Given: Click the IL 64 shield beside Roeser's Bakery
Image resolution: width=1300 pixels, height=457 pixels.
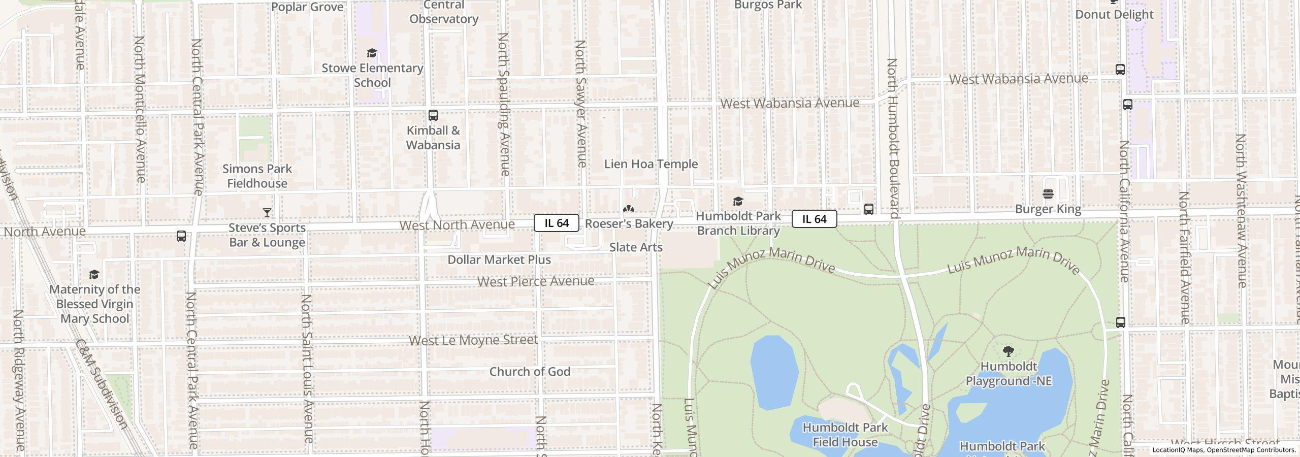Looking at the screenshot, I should (556, 223).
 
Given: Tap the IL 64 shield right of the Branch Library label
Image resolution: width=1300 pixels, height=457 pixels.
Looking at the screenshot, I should (814, 219).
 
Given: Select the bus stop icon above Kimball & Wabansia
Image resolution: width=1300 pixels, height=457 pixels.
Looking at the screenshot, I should (433, 115).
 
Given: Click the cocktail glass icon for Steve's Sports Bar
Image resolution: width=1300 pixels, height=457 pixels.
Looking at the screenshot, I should (267, 212).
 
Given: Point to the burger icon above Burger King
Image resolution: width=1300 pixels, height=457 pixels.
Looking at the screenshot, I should (1048, 194).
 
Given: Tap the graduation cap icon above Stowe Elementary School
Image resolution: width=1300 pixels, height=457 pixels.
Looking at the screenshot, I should (372, 53).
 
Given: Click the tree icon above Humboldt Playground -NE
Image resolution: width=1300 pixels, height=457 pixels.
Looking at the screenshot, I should (1009, 351).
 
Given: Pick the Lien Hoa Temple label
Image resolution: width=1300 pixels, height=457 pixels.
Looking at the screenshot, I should (651, 164).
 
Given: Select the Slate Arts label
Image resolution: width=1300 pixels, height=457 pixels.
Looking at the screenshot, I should (636, 247).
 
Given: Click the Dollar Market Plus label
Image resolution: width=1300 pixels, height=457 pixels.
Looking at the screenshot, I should (499, 259).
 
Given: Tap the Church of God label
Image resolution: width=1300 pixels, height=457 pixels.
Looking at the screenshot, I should (530, 372).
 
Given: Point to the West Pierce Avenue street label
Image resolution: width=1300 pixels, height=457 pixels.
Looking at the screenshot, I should (536, 281).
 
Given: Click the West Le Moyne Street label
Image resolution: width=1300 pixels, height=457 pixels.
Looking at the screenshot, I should (473, 340).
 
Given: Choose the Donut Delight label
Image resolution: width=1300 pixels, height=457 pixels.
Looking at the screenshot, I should (1114, 14).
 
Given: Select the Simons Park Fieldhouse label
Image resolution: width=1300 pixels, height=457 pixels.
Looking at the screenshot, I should (257, 176).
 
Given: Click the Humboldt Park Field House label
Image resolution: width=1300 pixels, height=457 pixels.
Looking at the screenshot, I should (845, 435).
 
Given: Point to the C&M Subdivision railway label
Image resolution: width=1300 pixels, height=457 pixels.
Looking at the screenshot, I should (101, 384).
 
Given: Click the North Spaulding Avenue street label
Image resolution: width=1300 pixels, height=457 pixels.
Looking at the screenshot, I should (504, 104).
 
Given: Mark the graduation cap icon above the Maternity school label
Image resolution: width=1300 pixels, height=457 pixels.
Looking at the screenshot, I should (94, 275).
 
